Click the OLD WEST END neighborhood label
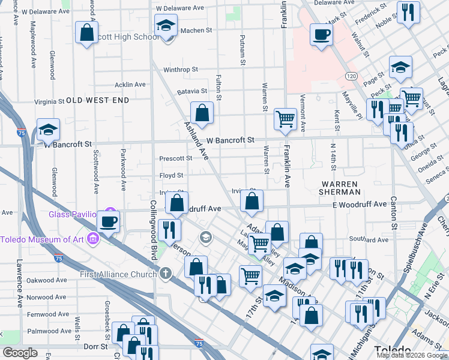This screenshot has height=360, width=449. tap(97, 100)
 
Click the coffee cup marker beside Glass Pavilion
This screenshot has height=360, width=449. tap(109, 221)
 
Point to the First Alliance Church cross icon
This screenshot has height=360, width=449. tap(166, 274)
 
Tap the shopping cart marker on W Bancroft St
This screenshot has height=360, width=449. tap(285, 118)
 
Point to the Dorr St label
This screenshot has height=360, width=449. tap(95, 346)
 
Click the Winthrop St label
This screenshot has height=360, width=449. tap(176, 70)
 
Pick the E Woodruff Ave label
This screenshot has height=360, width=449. tap(360, 204)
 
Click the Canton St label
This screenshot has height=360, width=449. tap(394, 213)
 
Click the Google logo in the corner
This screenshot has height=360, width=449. tap(20, 353)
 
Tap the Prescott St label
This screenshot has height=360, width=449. tap(175, 159)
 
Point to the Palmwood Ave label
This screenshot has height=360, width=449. tap(50, 331)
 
